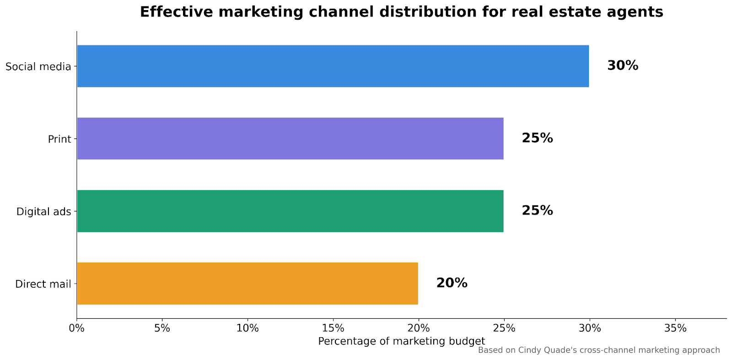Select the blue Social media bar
pos(333,66)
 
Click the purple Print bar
pos(290,138)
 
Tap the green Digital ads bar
pos(290,211)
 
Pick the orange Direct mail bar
pos(247,283)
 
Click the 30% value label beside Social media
pos(622,66)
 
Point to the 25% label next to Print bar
pos(537,138)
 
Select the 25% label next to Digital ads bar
pos(537,211)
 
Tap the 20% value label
pos(452,283)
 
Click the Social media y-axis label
pos(38,67)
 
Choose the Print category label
pos(59,139)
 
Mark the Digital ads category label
pos(43,212)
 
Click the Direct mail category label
pos(43,284)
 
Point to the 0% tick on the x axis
pos(76,328)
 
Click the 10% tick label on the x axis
pos(248,328)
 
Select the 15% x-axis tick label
pos(333,328)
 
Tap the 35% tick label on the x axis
pos(675,328)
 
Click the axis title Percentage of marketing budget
pos(401,341)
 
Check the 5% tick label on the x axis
pos(162,328)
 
